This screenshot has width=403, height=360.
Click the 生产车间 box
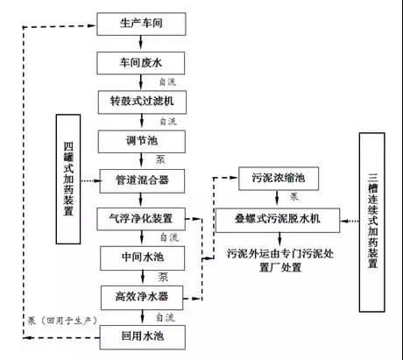coord(141,24)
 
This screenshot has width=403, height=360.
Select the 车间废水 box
coord(141,63)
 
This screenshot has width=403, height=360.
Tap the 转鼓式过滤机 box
coord(142,102)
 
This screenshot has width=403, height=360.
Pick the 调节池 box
coord(142,141)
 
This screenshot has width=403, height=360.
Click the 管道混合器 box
coord(142,180)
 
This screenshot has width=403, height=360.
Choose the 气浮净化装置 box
coord(141,219)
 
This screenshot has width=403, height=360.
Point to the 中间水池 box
coord(142,258)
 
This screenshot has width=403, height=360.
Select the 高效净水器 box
coord(142,298)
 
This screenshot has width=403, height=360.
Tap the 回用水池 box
coord(143,337)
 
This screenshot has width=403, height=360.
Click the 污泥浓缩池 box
coord(279,179)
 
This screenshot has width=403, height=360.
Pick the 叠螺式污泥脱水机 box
coord(278,220)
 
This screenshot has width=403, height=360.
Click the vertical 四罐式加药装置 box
coord(68,179)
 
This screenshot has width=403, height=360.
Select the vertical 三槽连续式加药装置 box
coord(372,222)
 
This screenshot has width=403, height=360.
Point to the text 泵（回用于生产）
coord(62,321)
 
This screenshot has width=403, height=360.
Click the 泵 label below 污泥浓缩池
coord(293,197)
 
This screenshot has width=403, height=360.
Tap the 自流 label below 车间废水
coord(167,81)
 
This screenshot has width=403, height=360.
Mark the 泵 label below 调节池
coord(160,159)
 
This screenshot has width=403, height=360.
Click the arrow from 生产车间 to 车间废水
coord(141,42)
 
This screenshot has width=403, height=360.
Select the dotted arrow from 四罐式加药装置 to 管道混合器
coord(91,180)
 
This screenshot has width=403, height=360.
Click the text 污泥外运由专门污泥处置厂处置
coord(280,260)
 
